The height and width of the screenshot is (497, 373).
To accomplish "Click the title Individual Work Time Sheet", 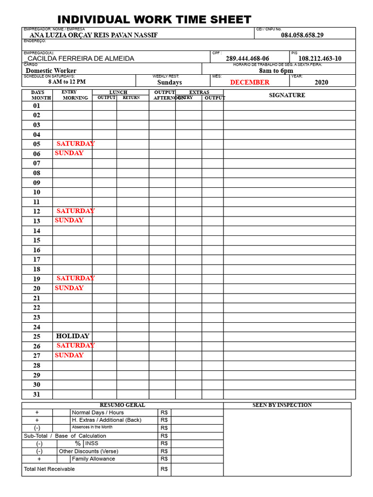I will (x=154, y=20).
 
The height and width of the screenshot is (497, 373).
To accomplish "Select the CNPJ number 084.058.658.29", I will (x=302, y=35).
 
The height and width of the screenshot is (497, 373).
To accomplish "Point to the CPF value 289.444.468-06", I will (x=247, y=59).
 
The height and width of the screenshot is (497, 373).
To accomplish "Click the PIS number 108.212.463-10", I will (x=320, y=59).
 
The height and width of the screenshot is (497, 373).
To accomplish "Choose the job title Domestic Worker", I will (x=51, y=71).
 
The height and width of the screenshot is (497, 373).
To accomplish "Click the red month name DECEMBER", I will (x=250, y=83).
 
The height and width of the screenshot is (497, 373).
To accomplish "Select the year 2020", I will (x=321, y=83).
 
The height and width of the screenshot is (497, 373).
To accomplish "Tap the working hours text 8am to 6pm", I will (x=276, y=71).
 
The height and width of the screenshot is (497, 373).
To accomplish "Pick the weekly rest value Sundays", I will (x=170, y=83).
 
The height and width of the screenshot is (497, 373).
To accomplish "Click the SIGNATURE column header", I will (x=287, y=95).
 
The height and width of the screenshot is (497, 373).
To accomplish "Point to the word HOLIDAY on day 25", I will (x=73, y=336).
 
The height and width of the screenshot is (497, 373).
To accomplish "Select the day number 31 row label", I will (x=37, y=395).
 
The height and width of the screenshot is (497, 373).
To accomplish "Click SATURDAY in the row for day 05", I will (x=75, y=144).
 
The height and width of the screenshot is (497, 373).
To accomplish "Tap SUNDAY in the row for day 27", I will (x=69, y=355).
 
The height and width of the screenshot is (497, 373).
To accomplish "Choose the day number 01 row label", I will (x=37, y=106).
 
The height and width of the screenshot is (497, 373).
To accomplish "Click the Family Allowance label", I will (x=93, y=459).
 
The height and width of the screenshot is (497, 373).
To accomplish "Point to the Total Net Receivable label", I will (x=49, y=469).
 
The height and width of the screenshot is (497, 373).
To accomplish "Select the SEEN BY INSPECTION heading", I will (x=282, y=405).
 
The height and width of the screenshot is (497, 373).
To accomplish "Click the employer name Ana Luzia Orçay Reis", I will (x=94, y=35).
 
